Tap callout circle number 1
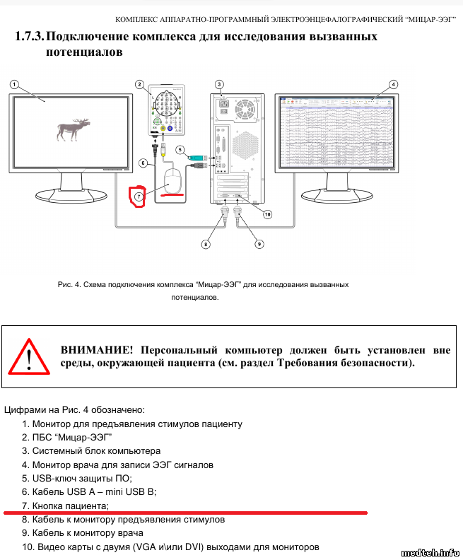pyautogui.click(x=14, y=83)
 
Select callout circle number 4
pyautogui.click(x=393, y=83)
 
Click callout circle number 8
pyautogui.click(x=206, y=244)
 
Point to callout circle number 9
pyautogui.click(x=259, y=244)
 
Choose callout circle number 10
pyautogui.click(x=268, y=214)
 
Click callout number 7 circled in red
pyautogui.click(x=139, y=195)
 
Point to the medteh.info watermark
pyautogui.click(x=430, y=552)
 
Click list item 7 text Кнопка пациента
pyautogui.click(x=70, y=506)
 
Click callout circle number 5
pyautogui.click(x=180, y=150)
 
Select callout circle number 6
pyautogui.click(x=143, y=163)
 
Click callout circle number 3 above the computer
pyautogui.click(x=220, y=83)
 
